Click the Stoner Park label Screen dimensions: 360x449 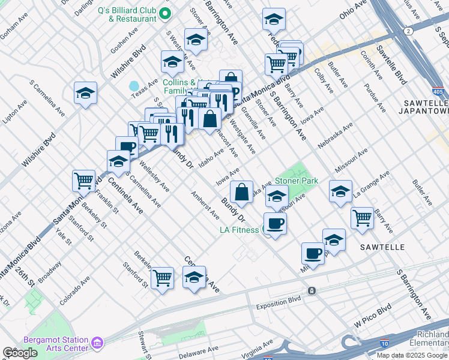[296, 181]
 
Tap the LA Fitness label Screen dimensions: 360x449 [240, 230]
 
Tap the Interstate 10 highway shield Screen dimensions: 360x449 [384, 344]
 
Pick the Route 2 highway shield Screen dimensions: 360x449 [408, 31]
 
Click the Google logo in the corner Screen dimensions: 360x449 [20, 353]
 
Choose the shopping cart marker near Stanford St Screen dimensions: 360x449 [162, 277]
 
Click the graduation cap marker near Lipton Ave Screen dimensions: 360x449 [85, 92]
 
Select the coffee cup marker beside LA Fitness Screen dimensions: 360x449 [275, 223]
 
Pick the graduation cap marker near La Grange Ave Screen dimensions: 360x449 [340, 191]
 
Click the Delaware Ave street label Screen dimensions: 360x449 [198, 350]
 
